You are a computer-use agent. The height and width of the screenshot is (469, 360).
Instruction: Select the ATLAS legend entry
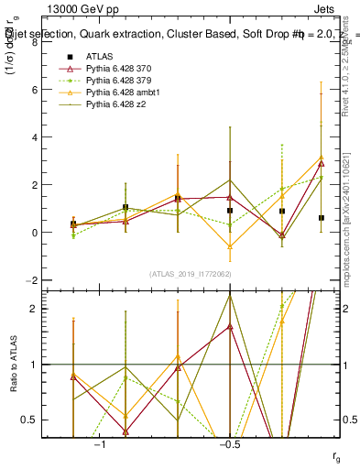100,56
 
